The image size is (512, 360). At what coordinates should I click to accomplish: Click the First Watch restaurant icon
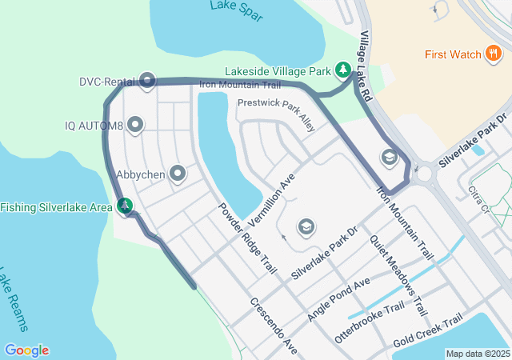(494, 54)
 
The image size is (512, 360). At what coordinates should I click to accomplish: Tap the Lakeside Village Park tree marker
(343, 70)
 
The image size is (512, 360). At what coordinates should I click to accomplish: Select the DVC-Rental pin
(147, 80)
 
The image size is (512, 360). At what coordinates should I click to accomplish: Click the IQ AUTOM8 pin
(135, 125)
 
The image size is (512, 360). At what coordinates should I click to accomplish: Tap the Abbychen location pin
(178, 173)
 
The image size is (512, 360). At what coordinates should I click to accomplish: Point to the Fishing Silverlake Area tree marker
(124, 206)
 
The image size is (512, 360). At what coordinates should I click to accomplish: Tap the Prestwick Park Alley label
(277, 114)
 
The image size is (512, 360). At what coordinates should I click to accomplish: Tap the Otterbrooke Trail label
(370, 323)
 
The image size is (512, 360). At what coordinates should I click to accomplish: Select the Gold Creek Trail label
(428, 330)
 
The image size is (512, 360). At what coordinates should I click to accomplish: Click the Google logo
(26, 350)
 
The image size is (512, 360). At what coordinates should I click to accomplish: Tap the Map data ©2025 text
(478, 354)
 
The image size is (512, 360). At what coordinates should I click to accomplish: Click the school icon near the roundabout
(389, 157)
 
